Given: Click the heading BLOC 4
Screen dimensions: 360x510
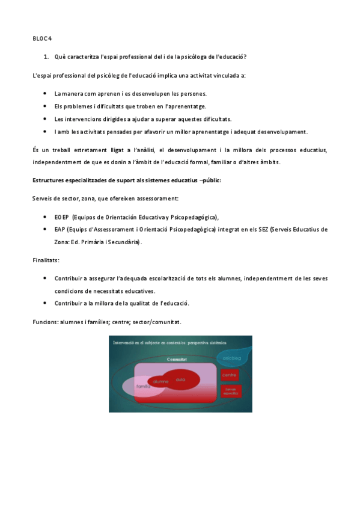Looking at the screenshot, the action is [x=42, y=38].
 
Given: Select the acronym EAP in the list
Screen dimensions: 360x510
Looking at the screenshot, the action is [x=60, y=229].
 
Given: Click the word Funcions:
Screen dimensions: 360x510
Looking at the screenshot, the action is [x=46, y=322].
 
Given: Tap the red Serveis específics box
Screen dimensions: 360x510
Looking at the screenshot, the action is [x=230, y=392].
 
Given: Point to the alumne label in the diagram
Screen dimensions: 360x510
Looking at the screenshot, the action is [x=160, y=381].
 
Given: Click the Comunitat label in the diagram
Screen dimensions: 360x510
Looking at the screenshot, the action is [x=177, y=359].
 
